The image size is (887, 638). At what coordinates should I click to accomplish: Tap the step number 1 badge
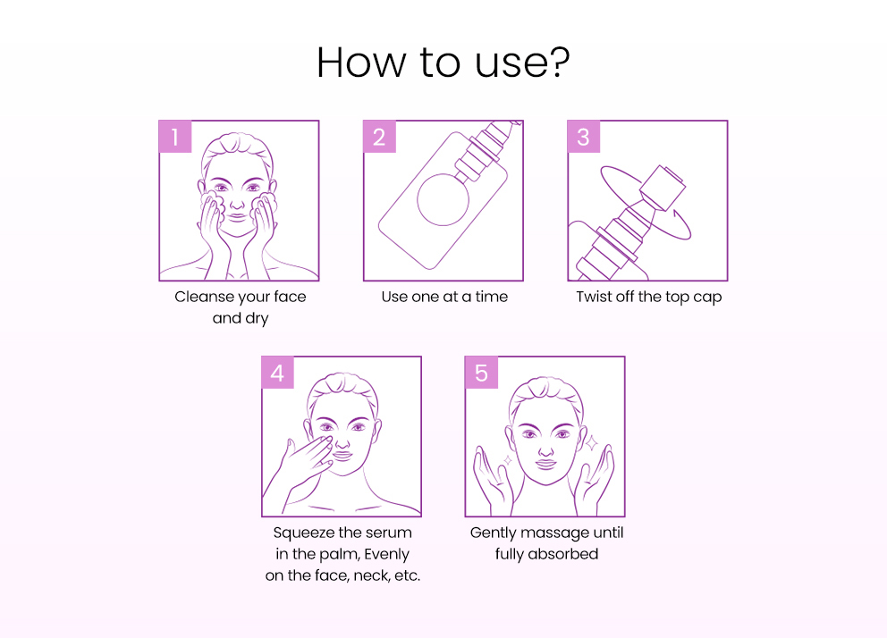175,137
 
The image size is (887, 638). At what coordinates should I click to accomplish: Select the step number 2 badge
380,137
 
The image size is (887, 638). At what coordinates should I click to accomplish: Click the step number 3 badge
584,137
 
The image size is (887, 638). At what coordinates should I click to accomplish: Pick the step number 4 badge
278,373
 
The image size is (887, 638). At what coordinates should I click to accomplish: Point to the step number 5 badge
481,373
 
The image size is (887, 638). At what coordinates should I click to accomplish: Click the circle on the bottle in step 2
443,199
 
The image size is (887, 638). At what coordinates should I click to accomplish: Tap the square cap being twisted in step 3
663,187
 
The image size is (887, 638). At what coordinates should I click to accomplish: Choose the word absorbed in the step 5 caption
562,554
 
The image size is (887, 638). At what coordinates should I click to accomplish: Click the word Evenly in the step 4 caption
387,555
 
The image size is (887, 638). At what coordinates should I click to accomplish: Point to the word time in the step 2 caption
491,297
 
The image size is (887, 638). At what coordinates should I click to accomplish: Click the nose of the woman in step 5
546,449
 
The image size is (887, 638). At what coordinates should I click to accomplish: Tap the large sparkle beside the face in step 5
591,442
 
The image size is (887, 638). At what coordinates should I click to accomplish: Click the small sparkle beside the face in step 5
507,460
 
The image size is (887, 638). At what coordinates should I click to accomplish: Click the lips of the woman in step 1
238,217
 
